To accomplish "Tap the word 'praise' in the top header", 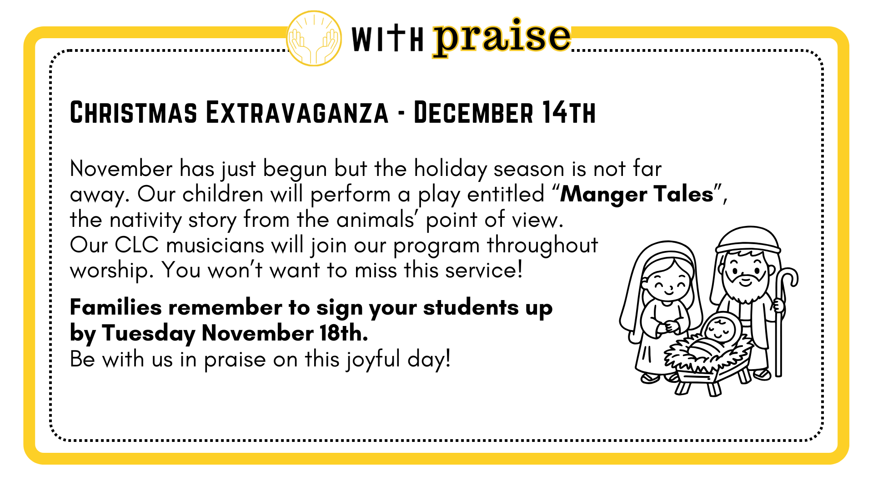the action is click(502, 38).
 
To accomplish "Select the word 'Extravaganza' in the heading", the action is click(297, 112).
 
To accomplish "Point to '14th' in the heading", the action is click(568, 112).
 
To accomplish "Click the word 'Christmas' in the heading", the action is click(134, 112).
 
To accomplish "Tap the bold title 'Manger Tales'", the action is click(637, 195).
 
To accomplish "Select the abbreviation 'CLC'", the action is click(137, 245).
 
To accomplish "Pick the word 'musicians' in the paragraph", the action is click(216, 245).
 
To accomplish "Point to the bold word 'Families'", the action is click(116, 307).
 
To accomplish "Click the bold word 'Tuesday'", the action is click(149, 334).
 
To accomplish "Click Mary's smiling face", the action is click(668, 284).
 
